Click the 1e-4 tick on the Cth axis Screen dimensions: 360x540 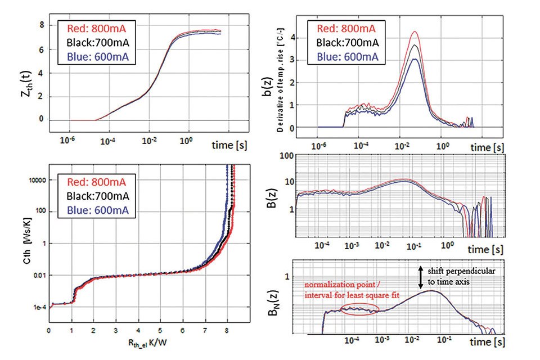(x=38, y=307)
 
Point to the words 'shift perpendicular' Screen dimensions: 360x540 (x=462, y=271)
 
